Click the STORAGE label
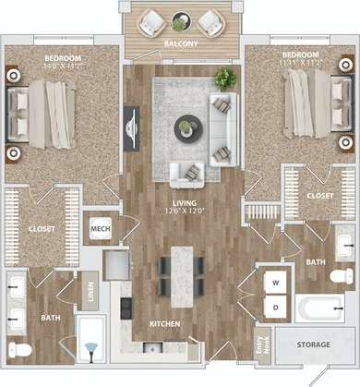coord(314,345)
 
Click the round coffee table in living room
coord(186,127)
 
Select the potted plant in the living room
coord(225,77)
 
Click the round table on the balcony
coord(180,19)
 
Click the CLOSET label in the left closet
coord(42,228)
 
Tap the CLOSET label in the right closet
coord(320,196)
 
